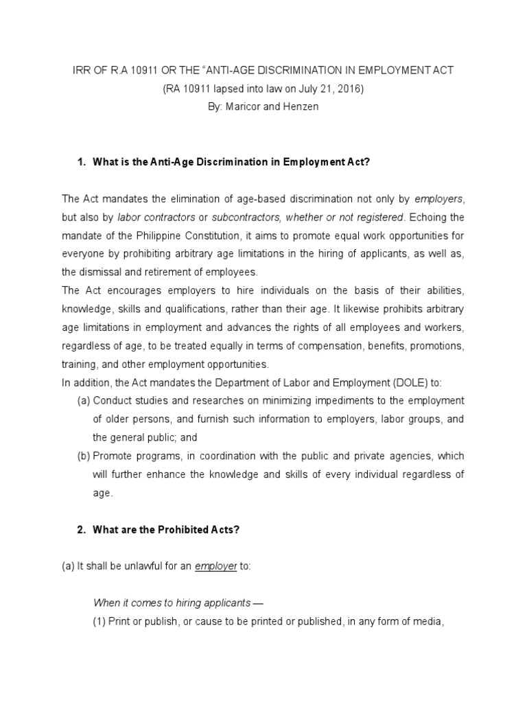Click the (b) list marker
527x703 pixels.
(x=84, y=456)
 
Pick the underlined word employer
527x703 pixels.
(x=215, y=566)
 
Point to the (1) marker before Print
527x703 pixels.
(x=99, y=622)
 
